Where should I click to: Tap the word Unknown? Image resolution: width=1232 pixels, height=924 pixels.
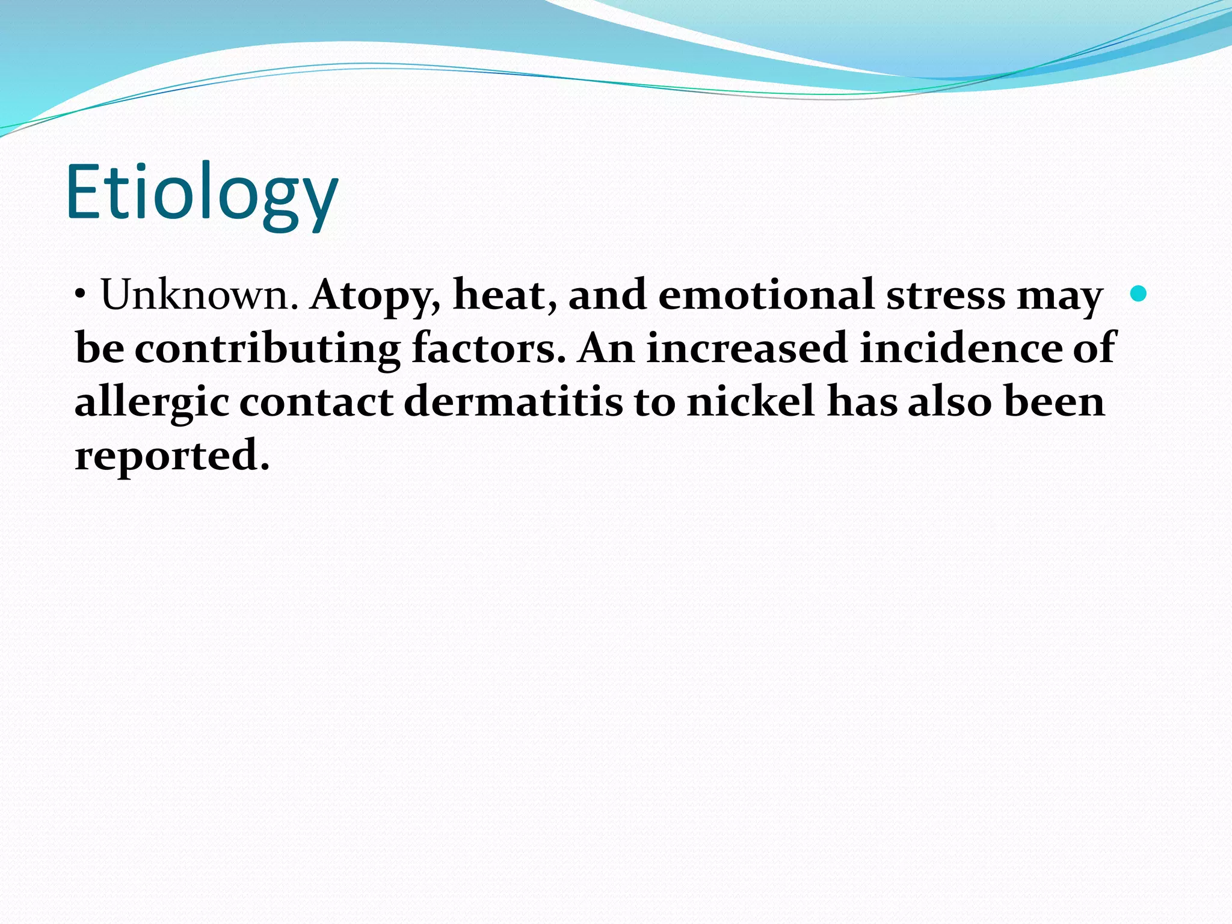coord(199,295)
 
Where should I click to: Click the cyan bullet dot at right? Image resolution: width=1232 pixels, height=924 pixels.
coord(1138,294)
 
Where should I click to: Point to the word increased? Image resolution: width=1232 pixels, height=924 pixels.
coord(746,348)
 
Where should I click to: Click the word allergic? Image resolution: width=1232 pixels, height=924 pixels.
coord(151,402)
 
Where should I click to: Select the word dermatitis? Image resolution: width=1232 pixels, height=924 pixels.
coord(513,401)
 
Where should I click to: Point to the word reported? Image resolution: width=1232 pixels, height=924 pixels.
coord(171,456)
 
